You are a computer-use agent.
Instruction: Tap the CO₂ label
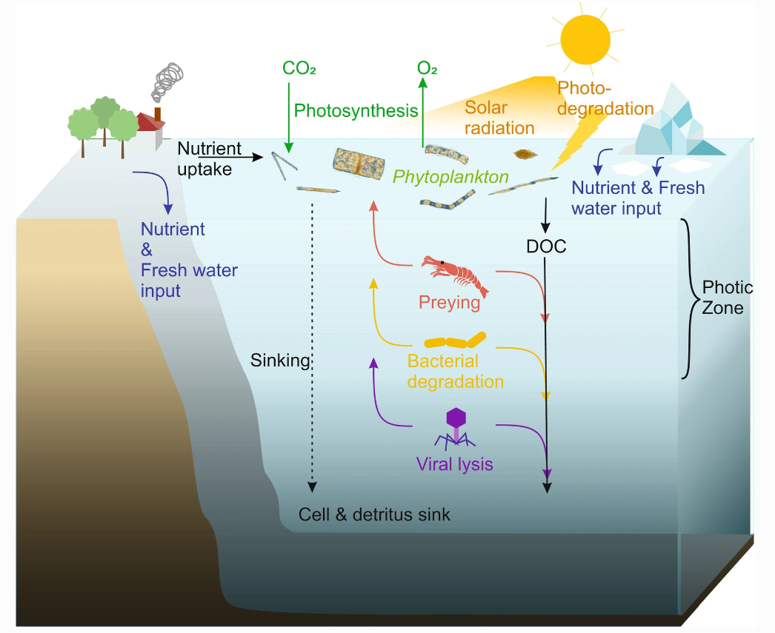point(299,69)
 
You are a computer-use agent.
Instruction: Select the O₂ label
point(427,69)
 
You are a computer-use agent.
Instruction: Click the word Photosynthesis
point(356,111)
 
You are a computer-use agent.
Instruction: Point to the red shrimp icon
point(454,274)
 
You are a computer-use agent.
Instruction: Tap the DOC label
point(545,247)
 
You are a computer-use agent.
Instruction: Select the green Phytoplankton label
point(450,177)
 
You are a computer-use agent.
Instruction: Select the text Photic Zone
point(727,297)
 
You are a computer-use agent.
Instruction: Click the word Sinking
point(279,361)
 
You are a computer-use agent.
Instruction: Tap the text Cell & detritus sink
point(374,514)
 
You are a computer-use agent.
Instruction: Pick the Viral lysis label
point(454,465)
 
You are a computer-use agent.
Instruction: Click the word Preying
point(449,303)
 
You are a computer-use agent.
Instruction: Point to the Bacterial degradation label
point(455,372)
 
